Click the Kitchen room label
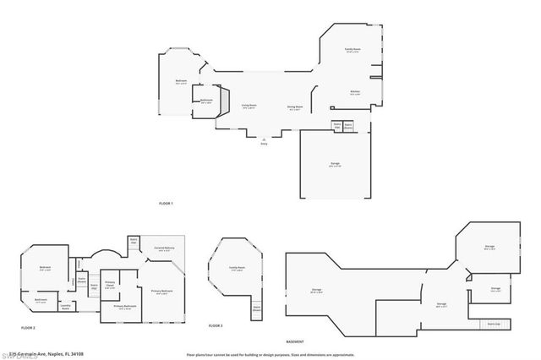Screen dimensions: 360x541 pyautogui.click(x=355, y=92)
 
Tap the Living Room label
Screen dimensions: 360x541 pyautogui.click(x=249, y=106)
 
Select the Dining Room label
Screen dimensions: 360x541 pyautogui.click(x=295, y=106)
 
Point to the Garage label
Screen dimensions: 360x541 pyautogui.click(x=335, y=164)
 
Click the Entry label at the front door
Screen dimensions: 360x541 pyautogui.click(x=264, y=145)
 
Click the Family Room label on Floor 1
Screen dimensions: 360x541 pyautogui.click(x=352, y=51)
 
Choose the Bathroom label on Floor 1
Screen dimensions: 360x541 pyautogui.click(x=206, y=101)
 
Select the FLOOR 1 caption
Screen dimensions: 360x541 pyautogui.click(x=166, y=204)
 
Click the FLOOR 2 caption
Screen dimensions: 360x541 pyautogui.click(x=28, y=326)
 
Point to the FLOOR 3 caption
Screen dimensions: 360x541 pyautogui.click(x=215, y=325)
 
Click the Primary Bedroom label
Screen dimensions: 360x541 pyautogui.click(x=162, y=292)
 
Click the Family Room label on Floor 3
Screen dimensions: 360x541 pyautogui.click(x=237, y=268)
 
